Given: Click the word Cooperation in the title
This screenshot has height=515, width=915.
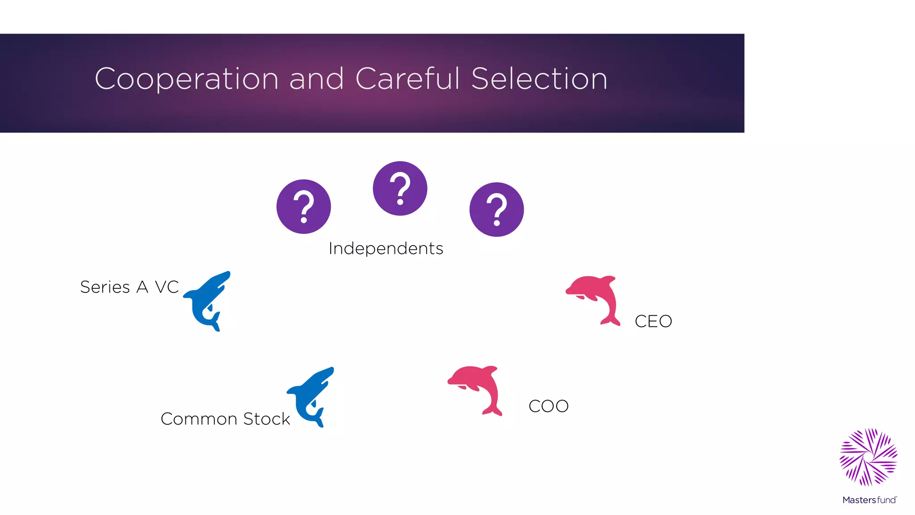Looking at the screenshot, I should (187, 79).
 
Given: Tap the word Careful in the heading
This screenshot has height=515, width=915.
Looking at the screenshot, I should (407, 79).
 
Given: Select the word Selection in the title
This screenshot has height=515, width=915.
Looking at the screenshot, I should (539, 79).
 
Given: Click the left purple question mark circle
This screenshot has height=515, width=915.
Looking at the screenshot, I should (303, 207).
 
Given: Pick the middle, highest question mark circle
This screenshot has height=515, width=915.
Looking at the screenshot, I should (400, 188).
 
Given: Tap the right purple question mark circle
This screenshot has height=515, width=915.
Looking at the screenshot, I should (496, 209).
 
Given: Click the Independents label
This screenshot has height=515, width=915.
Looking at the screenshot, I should (386, 249).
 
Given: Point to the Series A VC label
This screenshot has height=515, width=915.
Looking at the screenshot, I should (129, 287).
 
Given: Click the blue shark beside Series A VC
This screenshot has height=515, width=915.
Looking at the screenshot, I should (206, 300).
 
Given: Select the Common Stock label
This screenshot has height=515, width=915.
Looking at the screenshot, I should (225, 419).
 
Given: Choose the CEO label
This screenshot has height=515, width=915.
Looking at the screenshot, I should (653, 321).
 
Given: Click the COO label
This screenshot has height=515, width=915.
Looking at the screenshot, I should (548, 406).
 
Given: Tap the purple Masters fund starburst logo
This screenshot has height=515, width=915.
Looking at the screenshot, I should (868, 457).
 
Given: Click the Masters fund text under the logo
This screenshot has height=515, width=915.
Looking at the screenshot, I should (869, 500).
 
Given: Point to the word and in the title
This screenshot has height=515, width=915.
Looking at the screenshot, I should (316, 79).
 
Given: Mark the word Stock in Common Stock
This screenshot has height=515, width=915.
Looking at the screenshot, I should (267, 419).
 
